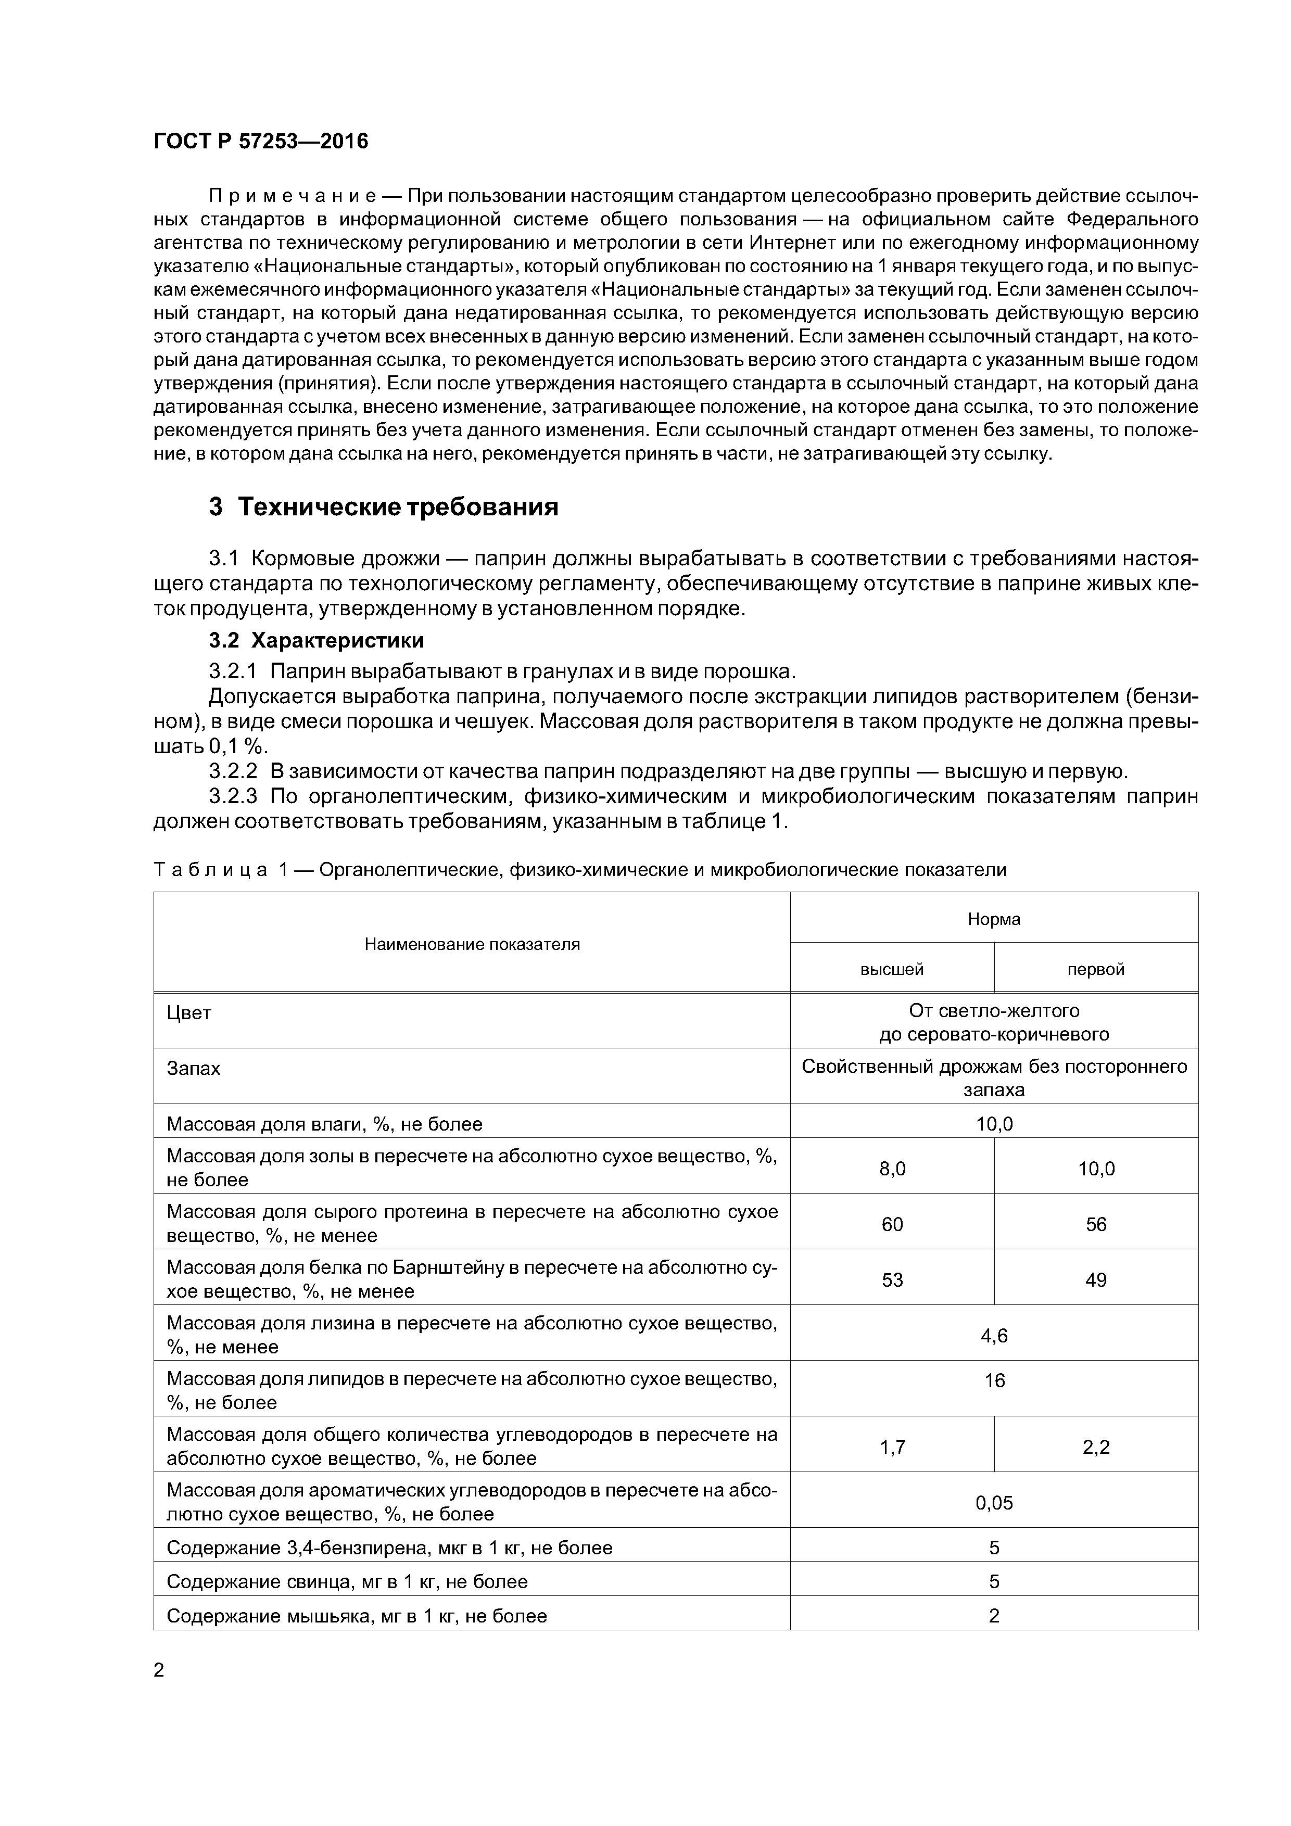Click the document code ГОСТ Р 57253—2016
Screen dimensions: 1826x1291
point(261,142)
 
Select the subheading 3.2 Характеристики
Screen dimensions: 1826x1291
point(317,640)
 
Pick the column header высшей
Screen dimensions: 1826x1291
point(892,969)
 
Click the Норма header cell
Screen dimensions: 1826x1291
point(994,919)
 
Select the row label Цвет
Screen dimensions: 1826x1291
point(189,1013)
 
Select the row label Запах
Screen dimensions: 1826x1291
point(193,1069)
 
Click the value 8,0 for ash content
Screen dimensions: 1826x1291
point(892,1168)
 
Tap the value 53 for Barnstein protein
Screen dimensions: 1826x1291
point(892,1279)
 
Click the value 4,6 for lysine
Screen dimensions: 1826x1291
point(994,1335)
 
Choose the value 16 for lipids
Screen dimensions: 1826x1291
point(994,1380)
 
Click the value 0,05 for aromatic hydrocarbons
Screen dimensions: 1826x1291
point(994,1502)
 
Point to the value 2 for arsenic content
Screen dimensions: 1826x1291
point(994,1615)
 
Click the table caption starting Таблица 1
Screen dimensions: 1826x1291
point(579,870)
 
